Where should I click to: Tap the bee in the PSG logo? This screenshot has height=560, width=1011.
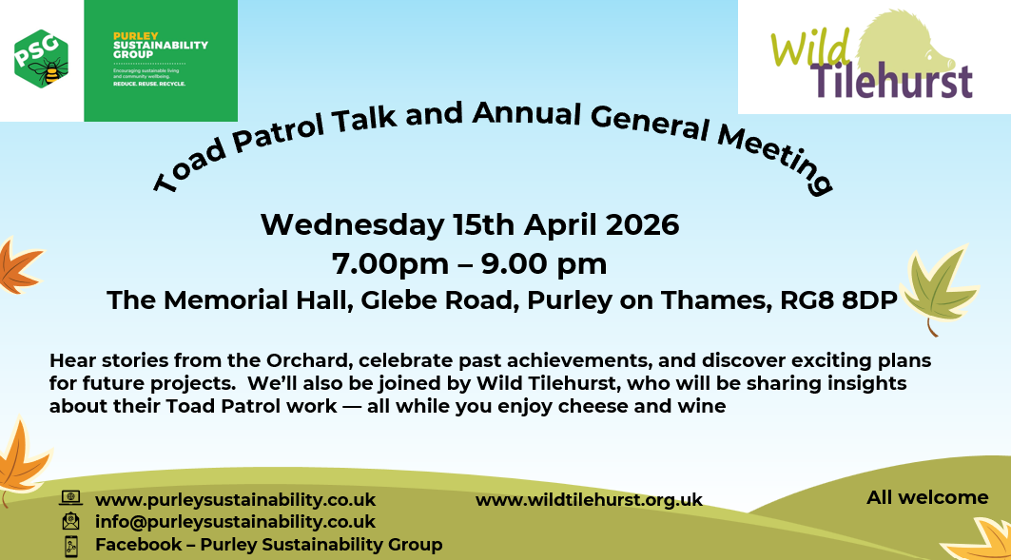(x=50, y=70)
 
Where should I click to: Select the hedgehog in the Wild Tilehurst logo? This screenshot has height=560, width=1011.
(x=913, y=44)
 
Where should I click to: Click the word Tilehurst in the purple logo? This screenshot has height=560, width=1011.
(x=893, y=81)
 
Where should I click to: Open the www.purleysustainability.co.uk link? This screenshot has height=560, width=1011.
(x=235, y=499)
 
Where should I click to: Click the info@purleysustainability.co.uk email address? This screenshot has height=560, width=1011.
(x=235, y=522)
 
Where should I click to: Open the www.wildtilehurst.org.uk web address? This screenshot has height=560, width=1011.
(x=589, y=500)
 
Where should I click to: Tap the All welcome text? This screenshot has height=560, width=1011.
(x=927, y=497)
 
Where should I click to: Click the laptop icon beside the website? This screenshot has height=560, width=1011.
(x=71, y=498)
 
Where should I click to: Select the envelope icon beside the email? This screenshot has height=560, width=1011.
(x=71, y=521)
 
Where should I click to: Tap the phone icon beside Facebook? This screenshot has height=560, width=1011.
(x=71, y=546)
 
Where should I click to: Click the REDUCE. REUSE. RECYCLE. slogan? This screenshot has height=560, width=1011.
(x=148, y=84)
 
